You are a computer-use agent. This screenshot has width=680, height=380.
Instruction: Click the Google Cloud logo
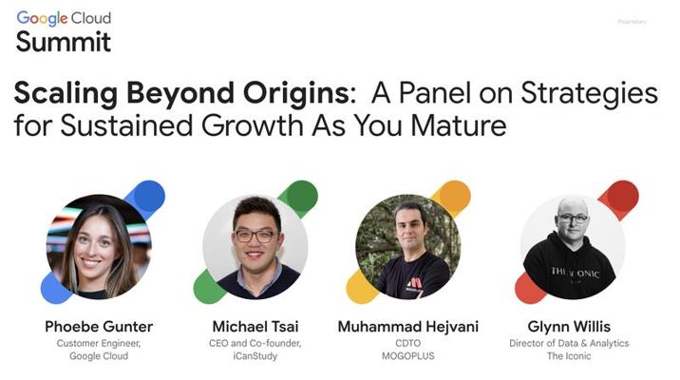point(64,18)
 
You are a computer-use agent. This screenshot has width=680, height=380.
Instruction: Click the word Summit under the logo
point(64,42)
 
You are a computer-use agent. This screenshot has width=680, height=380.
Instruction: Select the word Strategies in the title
point(589,94)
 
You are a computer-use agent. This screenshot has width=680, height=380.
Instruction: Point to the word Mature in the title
point(459,125)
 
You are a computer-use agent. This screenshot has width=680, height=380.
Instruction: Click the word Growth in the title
point(253,125)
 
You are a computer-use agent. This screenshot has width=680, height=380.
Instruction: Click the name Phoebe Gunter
point(99,326)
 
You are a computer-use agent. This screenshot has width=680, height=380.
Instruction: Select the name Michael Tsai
point(255,326)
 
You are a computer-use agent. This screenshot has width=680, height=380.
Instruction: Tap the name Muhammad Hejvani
point(408,327)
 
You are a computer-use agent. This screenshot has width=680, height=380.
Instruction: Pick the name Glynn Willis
point(569,327)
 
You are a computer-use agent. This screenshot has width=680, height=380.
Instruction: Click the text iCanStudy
point(255,356)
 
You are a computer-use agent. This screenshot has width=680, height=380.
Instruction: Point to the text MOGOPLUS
point(408,356)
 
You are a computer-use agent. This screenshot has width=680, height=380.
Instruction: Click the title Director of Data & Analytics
point(569,343)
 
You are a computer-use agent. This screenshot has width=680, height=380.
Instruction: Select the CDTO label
point(408,343)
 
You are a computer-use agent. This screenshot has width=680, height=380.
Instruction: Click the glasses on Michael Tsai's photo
point(255,236)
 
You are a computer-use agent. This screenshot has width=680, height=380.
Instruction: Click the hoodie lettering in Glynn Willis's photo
point(575,274)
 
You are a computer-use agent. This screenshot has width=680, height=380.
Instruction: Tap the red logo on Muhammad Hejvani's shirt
point(415,283)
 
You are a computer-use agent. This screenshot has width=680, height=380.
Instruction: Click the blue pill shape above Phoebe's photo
point(145,199)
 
